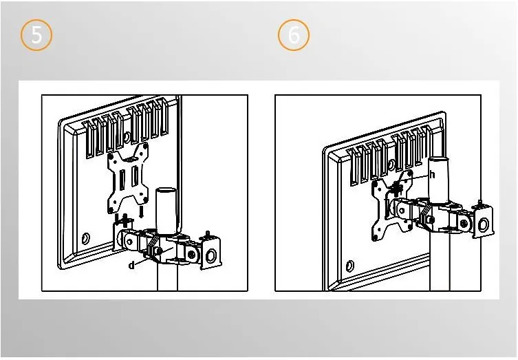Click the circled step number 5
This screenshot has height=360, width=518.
tap(36, 34)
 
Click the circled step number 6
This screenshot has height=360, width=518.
tap(293, 34)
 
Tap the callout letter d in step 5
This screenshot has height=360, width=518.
tap(132, 265)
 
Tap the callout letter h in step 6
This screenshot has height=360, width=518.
tap(432, 174)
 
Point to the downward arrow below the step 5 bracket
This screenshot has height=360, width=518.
tap(141, 212)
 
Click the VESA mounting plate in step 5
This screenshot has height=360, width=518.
tap(128, 178)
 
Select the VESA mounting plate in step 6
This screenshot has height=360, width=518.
tap(392, 205)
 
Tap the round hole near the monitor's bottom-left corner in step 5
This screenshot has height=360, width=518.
tap(85, 238)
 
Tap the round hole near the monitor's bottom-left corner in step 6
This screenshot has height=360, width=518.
tap(349, 266)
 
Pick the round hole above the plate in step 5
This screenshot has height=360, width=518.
tap(127, 136)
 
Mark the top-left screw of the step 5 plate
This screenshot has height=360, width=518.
tap(111, 154)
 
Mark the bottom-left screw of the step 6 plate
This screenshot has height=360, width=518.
tap(375, 237)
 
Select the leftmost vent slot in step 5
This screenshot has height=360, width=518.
tap(87, 139)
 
